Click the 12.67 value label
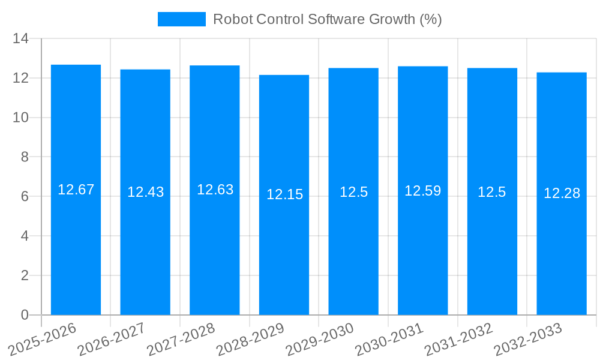pyautogui.click(x=76, y=190)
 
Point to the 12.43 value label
pyautogui.click(x=145, y=192)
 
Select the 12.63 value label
pyautogui.click(x=215, y=190)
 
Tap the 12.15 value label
pyautogui.click(x=284, y=194)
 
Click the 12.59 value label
pyautogui.click(x=422, y=191)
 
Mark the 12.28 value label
pyautogui.click(x=562, y=193)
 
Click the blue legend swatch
pyautogui.click(x=181, y=19)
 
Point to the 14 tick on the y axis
pyautogui.click(x=21, y=39)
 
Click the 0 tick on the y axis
pyautogui.click(x=25, y=315)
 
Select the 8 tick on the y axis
pyautogui.click(x=25, y=157)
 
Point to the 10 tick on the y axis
pyautogui.click(x=21, y=118)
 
